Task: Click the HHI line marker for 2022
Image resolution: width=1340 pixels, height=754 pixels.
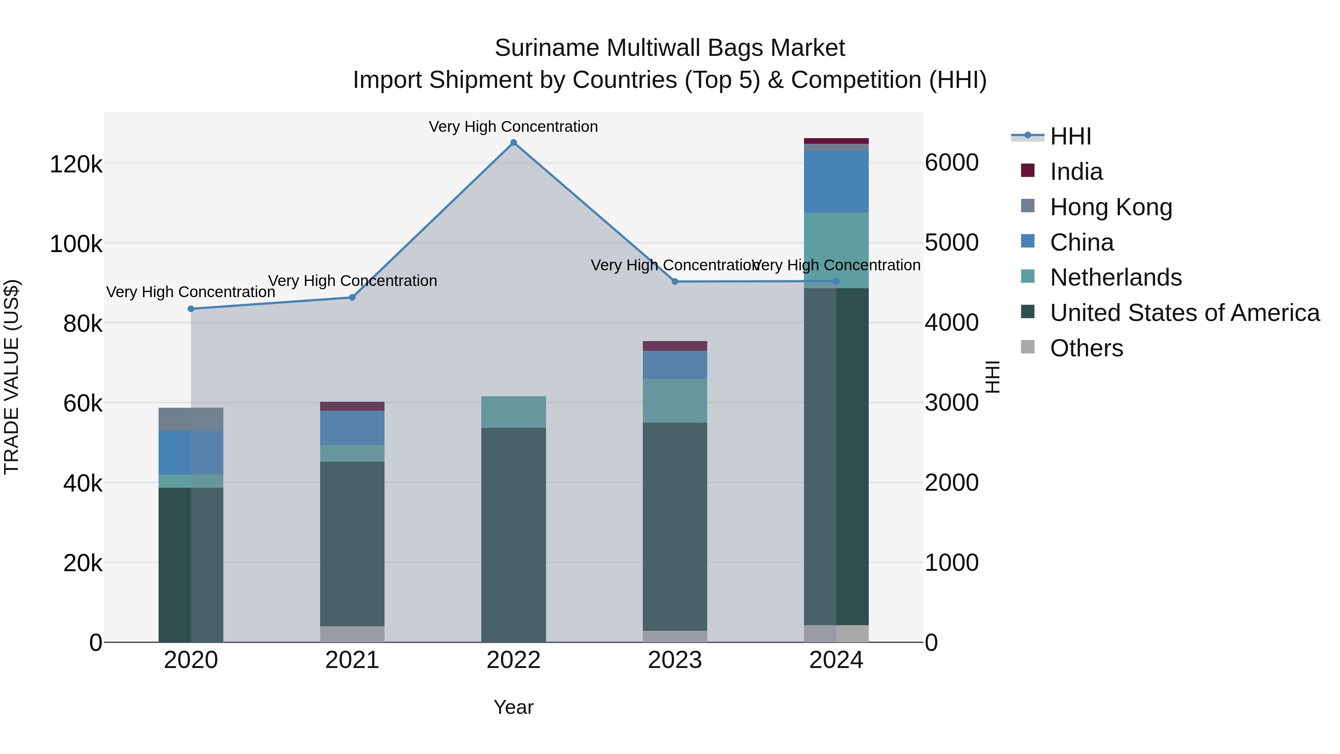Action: [x=513, y=143]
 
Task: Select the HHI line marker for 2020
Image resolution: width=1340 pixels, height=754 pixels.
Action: [x=191, y=309]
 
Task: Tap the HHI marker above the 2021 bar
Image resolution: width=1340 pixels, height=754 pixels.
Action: [x=352, y=297]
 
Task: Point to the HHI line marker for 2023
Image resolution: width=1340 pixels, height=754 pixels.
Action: [x=675, y=281]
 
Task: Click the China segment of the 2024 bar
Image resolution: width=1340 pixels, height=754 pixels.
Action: [x=836, y=182]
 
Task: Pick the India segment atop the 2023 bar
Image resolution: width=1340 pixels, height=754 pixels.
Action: [x=675, y=346]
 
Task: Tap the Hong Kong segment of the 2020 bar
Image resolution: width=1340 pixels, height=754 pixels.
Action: [x=191, y=419]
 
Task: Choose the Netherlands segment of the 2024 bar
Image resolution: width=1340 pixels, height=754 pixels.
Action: [x=836, y=245]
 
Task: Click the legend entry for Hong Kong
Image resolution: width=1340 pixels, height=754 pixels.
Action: [x=1111, y=207]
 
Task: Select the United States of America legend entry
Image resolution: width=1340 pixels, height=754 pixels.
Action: [x=1184, y=313]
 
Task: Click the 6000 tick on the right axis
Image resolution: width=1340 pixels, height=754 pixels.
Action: [x=951, y=163]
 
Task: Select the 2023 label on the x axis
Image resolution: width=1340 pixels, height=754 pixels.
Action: [x=675, y=660]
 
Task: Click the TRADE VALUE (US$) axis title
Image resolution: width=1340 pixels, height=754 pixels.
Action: [x=12, y=377]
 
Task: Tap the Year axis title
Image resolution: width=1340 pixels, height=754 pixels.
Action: [x=513, y=707]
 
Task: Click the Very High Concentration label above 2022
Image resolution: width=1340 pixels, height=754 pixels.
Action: [x=513, y=127]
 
